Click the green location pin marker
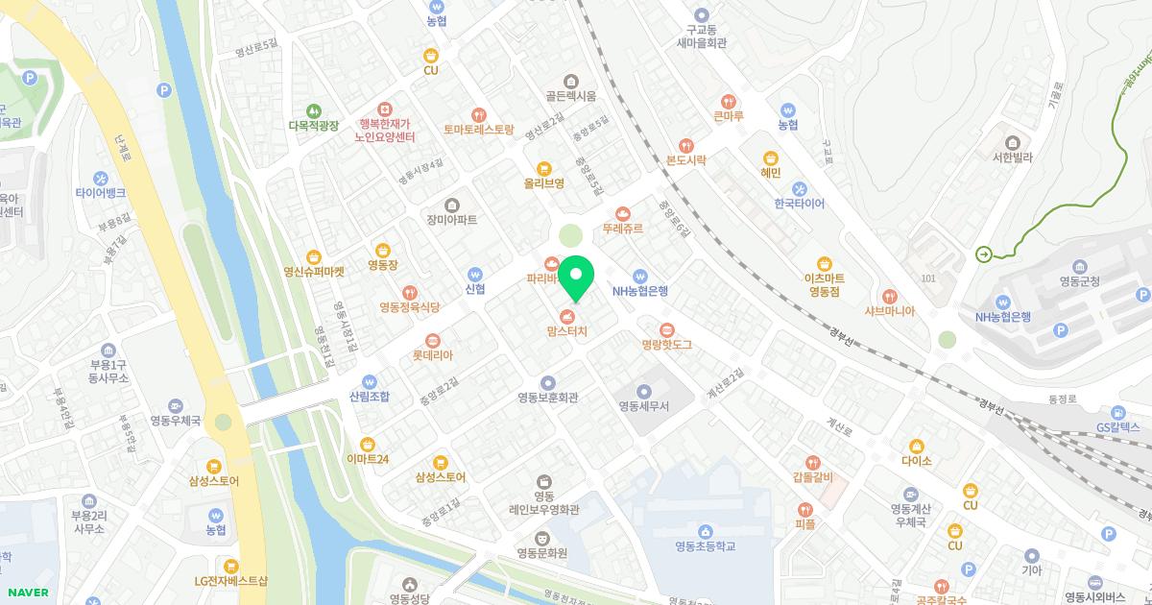(x=575, y=278)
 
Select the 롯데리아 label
(x=432, y=354)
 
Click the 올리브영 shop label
(x=543, y=182)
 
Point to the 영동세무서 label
(x=657, y=406)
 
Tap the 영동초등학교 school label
(x=705, y=546)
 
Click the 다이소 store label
(x=917, y=461)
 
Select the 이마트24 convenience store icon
(x=367, y=443)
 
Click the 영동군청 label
(x=1080, y=281)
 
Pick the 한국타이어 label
(x=799, y=204)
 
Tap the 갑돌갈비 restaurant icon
(x=813, y=462)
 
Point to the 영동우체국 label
(x=175, y=421)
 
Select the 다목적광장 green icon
(x=313, y=110)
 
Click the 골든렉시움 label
(x=571, y=95)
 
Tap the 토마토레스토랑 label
(x=479, y=129)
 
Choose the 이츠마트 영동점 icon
(x=824, y=264)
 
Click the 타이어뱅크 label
(x=101, y=192)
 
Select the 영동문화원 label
(x=541, y=552)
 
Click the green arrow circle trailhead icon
(x=984, y=254)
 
